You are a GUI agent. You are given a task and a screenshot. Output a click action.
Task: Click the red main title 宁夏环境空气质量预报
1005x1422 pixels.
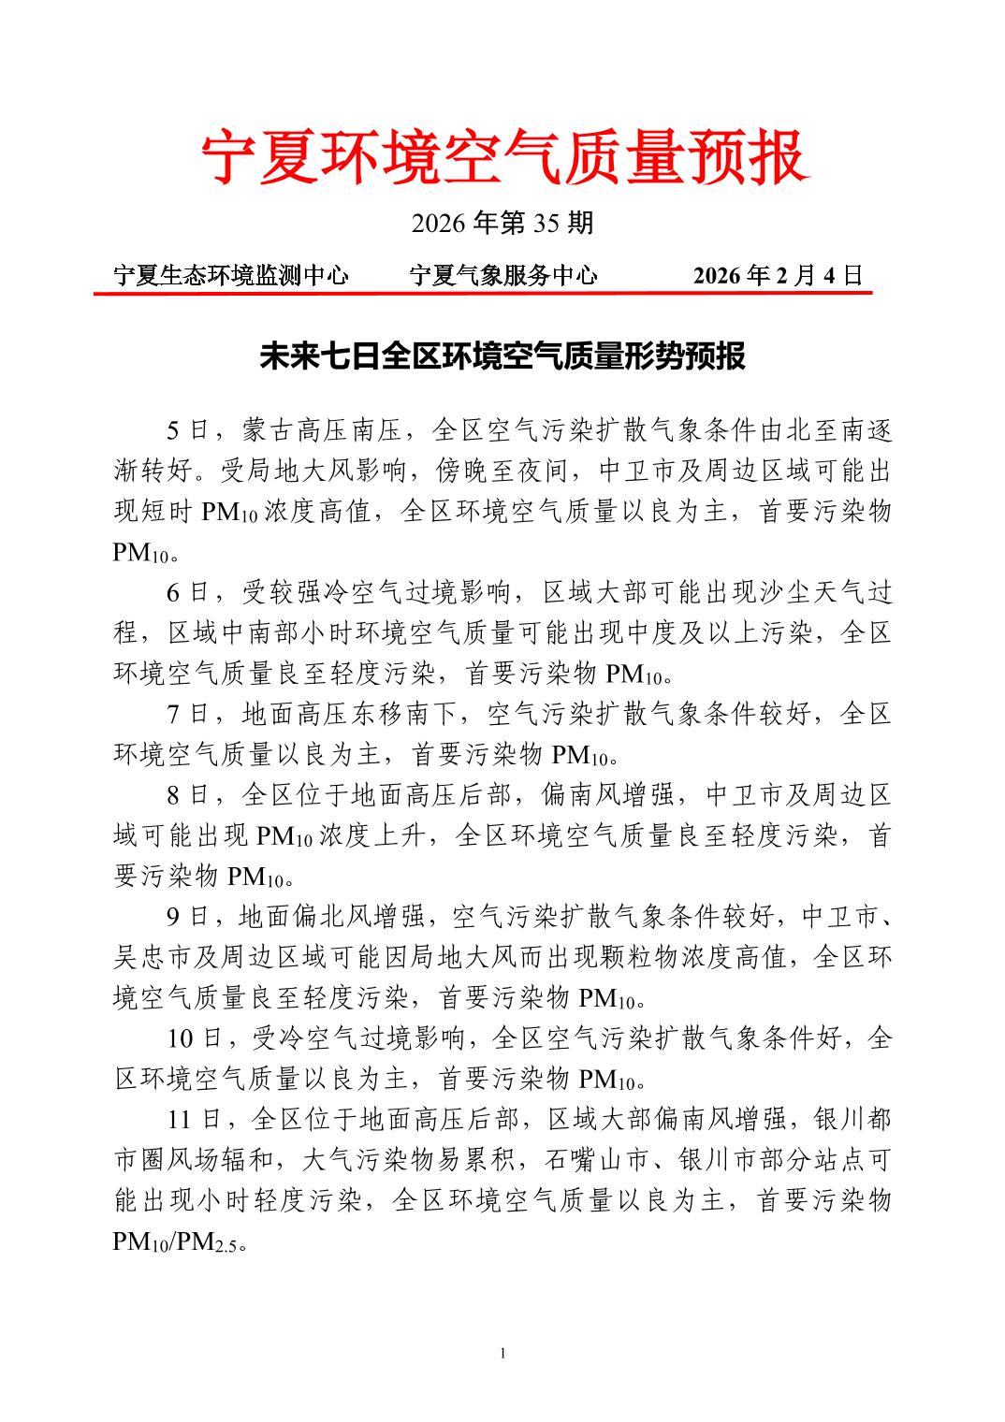pyautogui.click(x=502, y=156)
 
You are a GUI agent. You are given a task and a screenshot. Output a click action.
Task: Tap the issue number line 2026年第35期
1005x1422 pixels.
pyautogui.click(x=502, y=223)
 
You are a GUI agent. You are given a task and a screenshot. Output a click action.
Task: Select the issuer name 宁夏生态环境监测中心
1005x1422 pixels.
pyautogui.click(x=230, y=275)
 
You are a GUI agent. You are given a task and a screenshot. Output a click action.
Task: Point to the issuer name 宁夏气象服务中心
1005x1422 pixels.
pyautogui.click(x=503, y=275)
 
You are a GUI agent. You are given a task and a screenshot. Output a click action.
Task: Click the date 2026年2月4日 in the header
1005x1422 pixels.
pyautogui.click(x=777, y=275)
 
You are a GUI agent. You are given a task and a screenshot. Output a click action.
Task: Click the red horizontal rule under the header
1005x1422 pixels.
pyautogui.click(x=482, y=293)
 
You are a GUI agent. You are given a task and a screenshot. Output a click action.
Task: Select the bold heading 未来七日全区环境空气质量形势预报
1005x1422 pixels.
pyautogui.click(x=502, y=356)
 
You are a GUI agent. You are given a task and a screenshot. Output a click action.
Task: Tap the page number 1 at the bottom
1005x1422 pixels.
pyautogui.click(x=502, y=1354)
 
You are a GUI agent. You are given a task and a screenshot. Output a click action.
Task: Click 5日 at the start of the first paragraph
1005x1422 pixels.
pyautogui.click(x=187, y=430)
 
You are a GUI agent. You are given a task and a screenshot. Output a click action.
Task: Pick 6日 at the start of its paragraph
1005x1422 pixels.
pyautogui.click(x=187, y=592)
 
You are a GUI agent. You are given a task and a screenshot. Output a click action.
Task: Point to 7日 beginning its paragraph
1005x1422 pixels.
pyautogui.click(x=187, y=714)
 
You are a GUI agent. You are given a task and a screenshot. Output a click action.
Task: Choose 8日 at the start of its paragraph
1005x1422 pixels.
pyautogui.click(x=187, y=795)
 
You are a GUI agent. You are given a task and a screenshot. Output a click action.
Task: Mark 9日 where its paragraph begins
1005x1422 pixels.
pyautogui.click(x=187, y=917)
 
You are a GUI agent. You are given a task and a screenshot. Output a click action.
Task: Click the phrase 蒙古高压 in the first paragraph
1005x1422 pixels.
pyautogui.click(x=295, y=430)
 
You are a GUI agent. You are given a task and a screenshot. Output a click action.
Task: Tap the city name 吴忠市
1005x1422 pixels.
pyautogui.click(x=152, y=957)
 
